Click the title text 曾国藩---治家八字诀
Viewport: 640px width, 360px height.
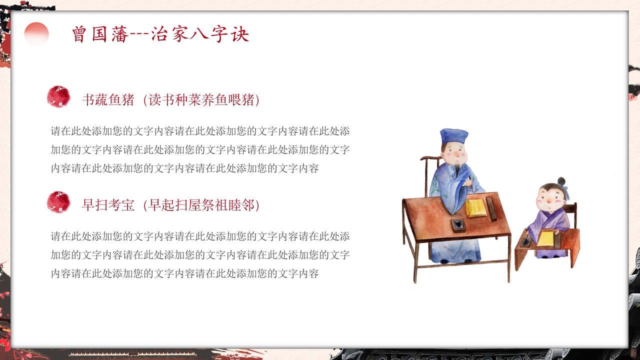click(160, 34)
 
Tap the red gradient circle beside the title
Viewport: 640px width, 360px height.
click(36, 33)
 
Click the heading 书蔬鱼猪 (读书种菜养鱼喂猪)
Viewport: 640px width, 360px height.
click(171, 99)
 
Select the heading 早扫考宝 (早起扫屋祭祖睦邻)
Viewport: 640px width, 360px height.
click(171, 205)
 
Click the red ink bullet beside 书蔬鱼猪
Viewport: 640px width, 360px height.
click(58, 96)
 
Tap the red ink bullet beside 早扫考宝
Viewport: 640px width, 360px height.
click(58, 202)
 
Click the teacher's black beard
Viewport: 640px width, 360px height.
click(457, 169)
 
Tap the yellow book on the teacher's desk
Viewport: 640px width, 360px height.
click(475, 208)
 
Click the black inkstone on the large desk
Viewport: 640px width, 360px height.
click(458, 225)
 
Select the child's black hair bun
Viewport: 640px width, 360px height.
click(561, 181)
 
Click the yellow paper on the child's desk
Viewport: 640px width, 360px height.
click(545, 238)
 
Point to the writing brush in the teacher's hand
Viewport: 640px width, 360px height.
click(470, 183)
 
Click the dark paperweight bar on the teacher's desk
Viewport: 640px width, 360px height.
click(491, 209)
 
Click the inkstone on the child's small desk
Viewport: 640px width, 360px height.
click(525, 241)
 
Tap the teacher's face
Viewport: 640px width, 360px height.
click(455, 153)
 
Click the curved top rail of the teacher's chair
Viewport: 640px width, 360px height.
click(431, 157)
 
